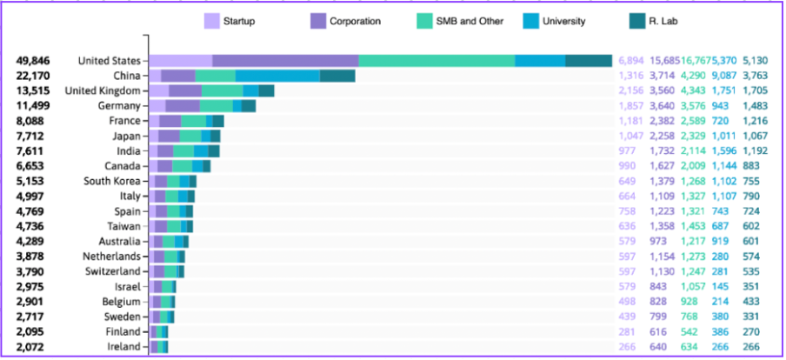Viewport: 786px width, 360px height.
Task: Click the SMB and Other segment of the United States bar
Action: point(436,61)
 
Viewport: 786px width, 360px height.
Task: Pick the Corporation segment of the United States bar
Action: point(285,61)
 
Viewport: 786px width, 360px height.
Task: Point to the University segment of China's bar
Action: point(277,76)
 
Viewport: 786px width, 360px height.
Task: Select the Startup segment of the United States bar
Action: point(181,61)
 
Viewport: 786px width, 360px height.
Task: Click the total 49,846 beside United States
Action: point(33,61)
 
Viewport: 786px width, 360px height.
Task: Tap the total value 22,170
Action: point(33,76)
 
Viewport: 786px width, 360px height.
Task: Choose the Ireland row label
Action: point(123,347)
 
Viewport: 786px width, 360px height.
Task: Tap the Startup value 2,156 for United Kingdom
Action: point(630,90)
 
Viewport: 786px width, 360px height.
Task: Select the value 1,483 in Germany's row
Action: point(756,105)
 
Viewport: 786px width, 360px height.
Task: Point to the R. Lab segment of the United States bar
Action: point(589,61)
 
